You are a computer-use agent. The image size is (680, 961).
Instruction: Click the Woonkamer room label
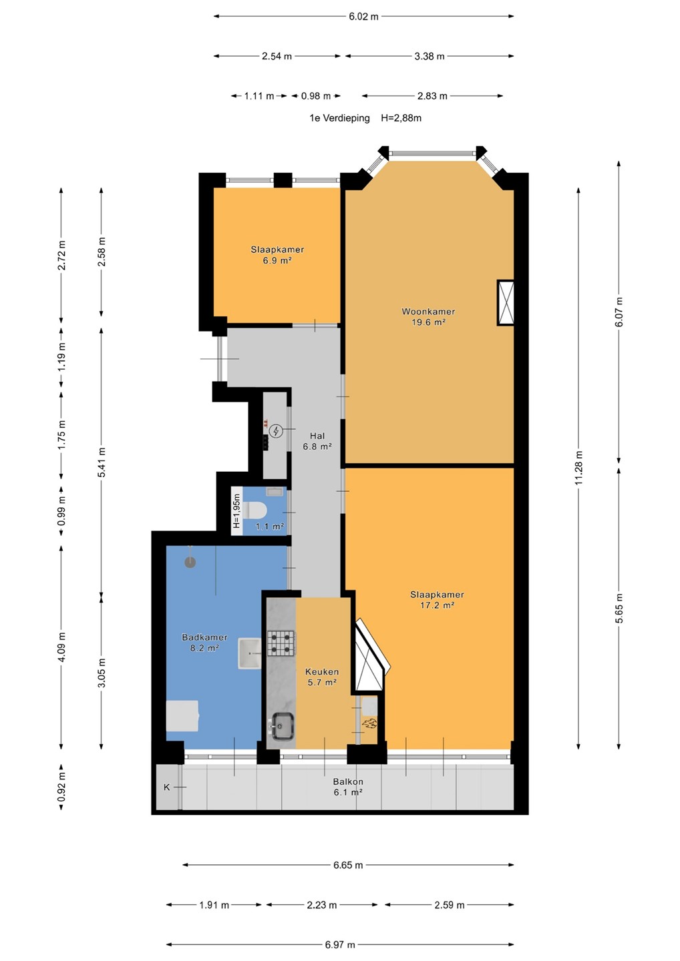click(428, 312)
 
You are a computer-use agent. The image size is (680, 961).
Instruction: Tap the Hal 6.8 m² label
click(317, 441)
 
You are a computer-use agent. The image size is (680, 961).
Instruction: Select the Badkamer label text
click(204, 637)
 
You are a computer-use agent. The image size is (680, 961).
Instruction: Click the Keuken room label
click(322, 672)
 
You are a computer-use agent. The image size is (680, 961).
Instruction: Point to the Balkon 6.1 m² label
click(348, 787)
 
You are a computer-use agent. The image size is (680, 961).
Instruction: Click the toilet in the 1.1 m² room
click(255, 511)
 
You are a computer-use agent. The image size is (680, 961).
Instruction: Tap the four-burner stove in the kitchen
click(281, 643)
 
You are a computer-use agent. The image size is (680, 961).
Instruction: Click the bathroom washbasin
click(249, 653)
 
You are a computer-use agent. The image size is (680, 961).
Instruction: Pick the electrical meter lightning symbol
click(276, 430)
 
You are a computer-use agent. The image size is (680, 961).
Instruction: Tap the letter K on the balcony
click(167, 787)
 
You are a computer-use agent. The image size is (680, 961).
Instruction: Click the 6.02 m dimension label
click(363, 17)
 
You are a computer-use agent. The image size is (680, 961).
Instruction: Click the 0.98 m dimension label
click(316, 96)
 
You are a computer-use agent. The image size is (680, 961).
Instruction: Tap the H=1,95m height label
click(236, 511)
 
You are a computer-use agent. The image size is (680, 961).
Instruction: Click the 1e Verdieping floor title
click(339, 118)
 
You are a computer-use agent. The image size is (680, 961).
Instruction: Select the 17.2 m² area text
click(437, 605)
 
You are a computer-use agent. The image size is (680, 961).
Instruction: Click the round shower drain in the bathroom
click(190, 562)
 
